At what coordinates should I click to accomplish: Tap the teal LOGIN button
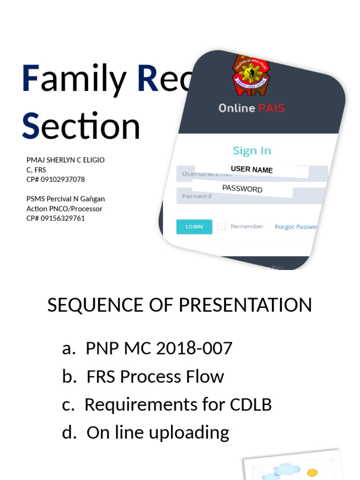(194, 226)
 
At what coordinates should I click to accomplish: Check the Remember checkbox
(221, 226)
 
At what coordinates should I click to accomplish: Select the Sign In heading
(252, 150)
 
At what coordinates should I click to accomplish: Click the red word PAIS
(270, 108)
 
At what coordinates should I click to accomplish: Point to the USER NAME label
(252, 169)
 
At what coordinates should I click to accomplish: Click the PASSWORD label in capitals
(242, 189)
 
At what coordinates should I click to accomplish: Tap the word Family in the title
(74, 79)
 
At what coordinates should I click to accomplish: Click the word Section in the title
(81, 126)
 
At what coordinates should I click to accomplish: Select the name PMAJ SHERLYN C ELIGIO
(66, 160)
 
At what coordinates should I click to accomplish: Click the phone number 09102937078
(63, 179)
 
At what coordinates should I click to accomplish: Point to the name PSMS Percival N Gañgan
(66, 199)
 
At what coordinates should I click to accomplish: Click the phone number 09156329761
(63, 218)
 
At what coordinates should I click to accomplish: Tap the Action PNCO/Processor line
(64, 209)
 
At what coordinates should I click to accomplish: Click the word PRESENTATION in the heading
(245, 305)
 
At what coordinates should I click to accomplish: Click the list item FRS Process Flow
(155, 376)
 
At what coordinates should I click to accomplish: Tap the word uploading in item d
(189, 433)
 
